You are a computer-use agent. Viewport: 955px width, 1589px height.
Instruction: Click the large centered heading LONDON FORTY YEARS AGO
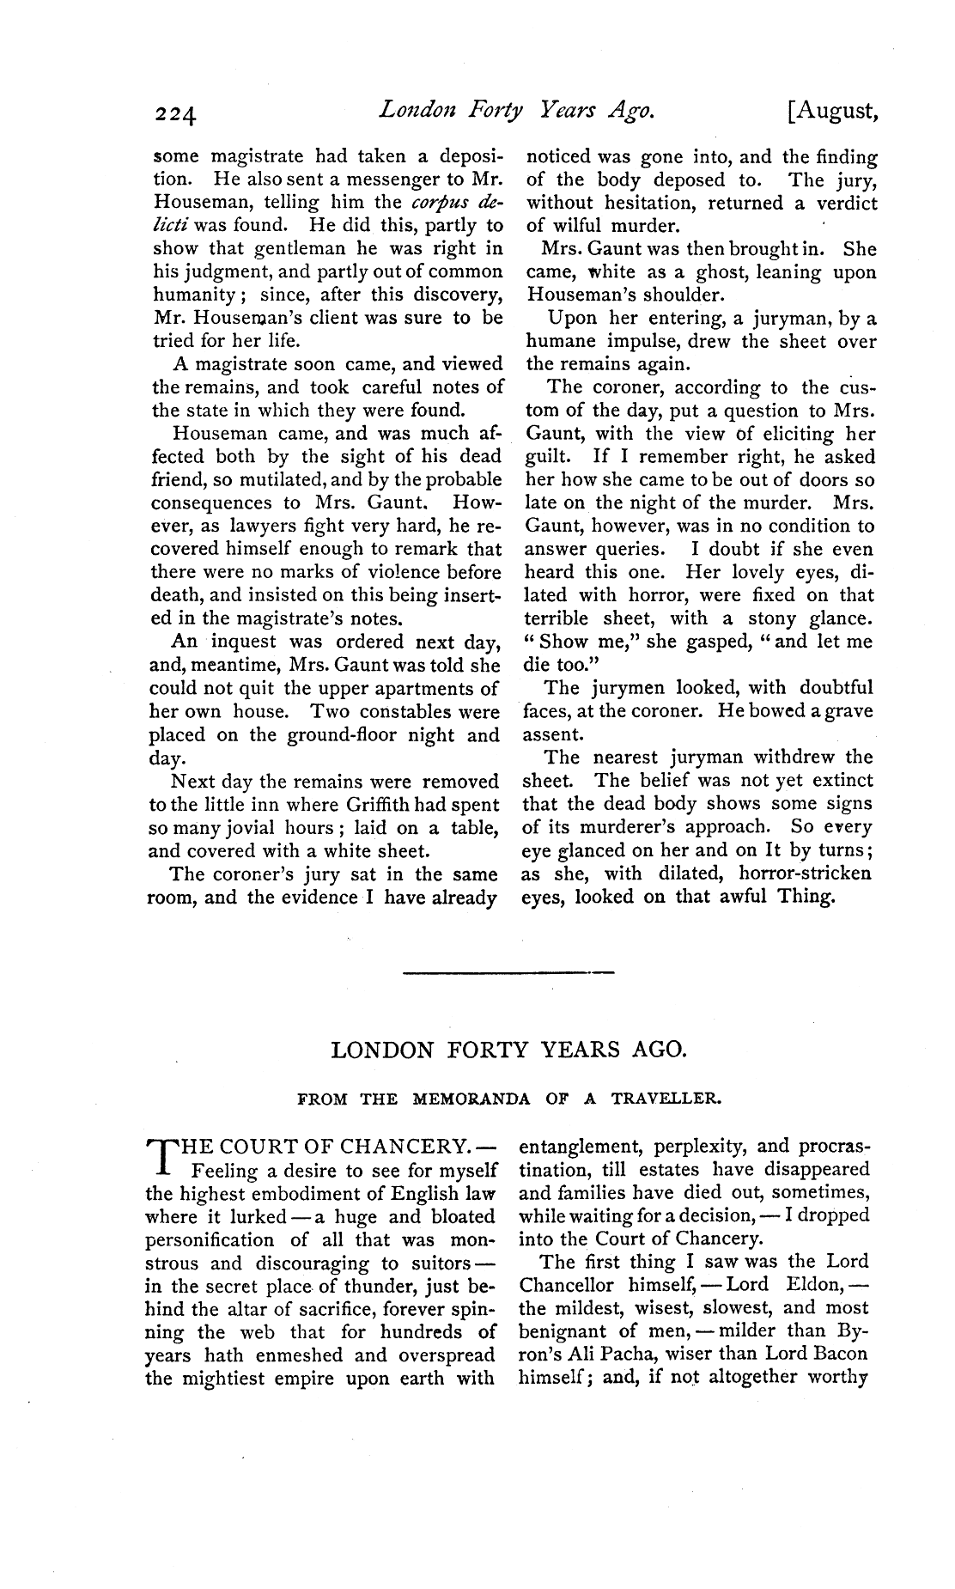508,1050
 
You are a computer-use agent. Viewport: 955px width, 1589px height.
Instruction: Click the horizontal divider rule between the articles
508,972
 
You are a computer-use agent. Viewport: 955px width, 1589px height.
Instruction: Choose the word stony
775,618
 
